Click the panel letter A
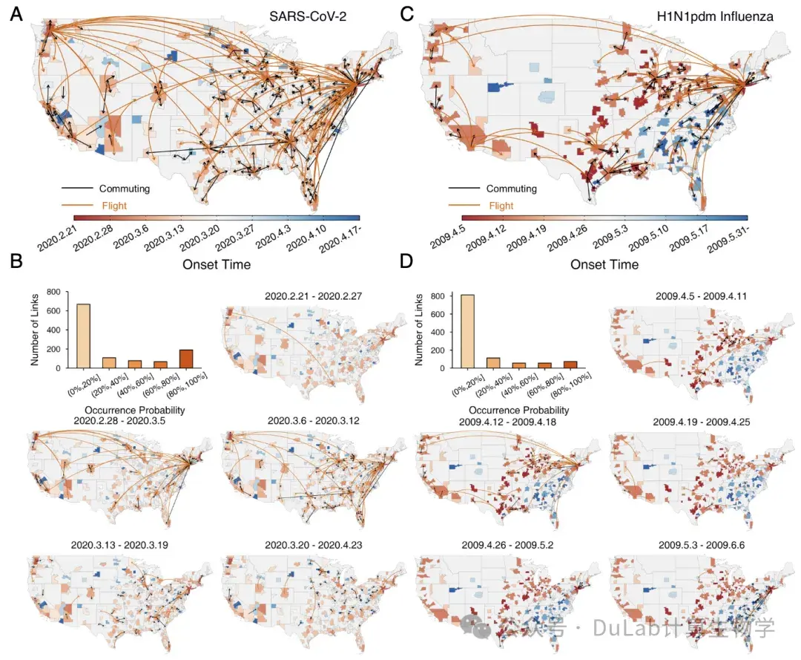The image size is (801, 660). click(x=16, y=14)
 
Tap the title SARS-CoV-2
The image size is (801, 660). click(x=308, y=16)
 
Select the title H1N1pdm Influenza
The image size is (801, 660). click(x=715, y=16)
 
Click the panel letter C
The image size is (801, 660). click(x=406, y=14)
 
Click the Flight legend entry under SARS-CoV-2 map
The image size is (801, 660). click(x=114, y=206)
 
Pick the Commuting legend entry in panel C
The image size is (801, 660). click(x=511, y=189)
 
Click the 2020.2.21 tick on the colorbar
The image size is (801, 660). click(x=57, y=238)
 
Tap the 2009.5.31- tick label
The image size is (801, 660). click(x=728, y=238)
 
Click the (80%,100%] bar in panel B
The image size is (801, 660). click(x=186, y=359)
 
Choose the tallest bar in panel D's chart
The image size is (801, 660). click(x=467, y=331)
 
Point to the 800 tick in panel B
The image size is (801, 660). click(x=53, y=292)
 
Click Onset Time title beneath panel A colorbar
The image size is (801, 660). click(x=217, y=264)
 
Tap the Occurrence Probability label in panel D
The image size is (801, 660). click(x=518, y=410)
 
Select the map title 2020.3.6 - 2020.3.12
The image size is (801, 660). click(x=313, y=421)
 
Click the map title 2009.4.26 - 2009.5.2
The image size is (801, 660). click(x=507, y=545)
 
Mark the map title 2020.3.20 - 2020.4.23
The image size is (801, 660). click(x=313, y=545)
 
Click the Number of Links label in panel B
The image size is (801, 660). click(x=35, y=330)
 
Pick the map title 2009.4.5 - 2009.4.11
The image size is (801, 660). click(x=701, y=296)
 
